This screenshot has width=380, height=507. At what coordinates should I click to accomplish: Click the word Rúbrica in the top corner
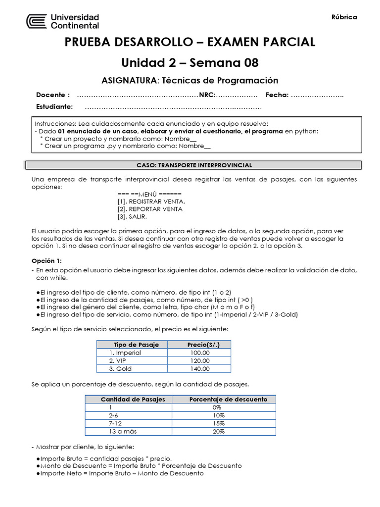tap(344, 17)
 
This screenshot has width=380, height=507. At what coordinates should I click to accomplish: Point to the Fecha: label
tap(277, 95)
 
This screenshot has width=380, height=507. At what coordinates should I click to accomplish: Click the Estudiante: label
tap(54, 107)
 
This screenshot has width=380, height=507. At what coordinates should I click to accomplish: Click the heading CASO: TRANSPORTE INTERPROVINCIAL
tap(194, 165)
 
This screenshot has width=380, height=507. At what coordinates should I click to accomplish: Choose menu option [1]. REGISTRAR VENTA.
tap(151, 202)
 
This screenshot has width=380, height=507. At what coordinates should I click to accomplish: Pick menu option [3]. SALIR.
tap(132, 216)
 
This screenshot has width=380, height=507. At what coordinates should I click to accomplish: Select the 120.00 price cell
tap(200, 360)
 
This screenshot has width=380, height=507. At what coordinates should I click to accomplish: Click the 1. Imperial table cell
tap(126, 353)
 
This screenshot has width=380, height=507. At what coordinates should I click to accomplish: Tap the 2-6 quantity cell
tap(113, 415)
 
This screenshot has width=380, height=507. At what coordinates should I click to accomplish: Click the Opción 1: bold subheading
tap(47, 260)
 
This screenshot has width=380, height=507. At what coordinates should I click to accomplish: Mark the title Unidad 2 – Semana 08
tap(190, 62)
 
